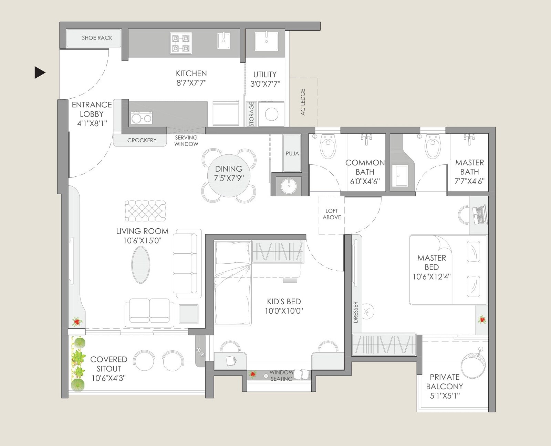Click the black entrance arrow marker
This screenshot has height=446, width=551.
coord(40,73)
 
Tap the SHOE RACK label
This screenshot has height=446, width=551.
coord(97,38)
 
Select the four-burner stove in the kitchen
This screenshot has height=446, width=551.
coord(181,43)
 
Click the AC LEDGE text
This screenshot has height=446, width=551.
coord(303,102)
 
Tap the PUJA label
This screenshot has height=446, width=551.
coord(292,153)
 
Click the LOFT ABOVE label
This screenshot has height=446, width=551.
coord(332,214)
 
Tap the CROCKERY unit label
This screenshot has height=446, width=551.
coord(142,140)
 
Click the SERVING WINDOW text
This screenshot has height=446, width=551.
coord(186,141)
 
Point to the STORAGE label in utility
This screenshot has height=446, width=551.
coord(251,114)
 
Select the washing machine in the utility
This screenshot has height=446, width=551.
coord(272,114)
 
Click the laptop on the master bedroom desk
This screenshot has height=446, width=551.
coord(479,214)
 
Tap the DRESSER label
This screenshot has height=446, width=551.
coord(356,312)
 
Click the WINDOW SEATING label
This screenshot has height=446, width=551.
coord(281,376)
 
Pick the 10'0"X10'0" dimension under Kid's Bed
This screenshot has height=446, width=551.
coord(284,311)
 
